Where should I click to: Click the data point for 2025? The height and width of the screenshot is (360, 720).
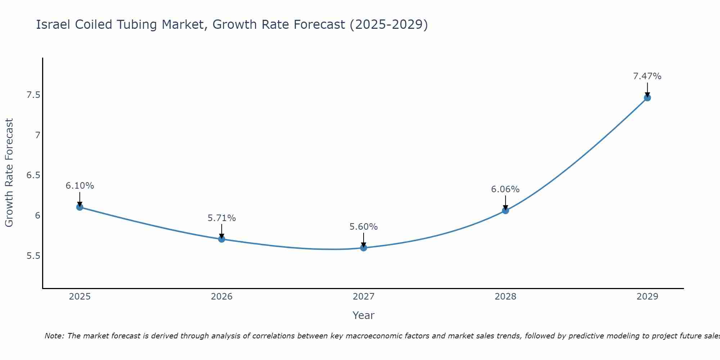click(x=80, y=207)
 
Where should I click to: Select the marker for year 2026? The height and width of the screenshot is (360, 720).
click(x=222, y=239)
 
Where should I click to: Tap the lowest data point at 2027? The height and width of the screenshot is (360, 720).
click(x=364, y=248)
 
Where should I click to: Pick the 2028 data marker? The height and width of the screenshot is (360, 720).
click(x=505, y=211)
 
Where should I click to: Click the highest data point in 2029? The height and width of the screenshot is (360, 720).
click(x=647, y=98)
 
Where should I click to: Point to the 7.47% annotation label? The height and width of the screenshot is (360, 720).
click(x=647, y=76)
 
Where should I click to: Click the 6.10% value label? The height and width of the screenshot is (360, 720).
click(x=80, y=186)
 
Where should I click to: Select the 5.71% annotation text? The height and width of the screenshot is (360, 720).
click(x=222, y=218)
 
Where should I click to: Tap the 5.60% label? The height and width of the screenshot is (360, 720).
click(x=364, y=227)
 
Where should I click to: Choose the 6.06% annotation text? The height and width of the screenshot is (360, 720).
click(x=505, y=189)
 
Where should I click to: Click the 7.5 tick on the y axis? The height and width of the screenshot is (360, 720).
click(x=33, y=95)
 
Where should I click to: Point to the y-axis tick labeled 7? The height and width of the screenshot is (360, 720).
click(x=37, y=135)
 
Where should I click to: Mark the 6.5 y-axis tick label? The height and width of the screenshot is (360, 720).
click(x=33, y=175)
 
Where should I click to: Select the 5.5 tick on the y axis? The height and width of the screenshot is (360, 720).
click(x=33, y=256)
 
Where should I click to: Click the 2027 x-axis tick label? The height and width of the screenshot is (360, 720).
click(x=364, y=297)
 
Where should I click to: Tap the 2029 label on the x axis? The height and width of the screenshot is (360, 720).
click(x=647, y=297)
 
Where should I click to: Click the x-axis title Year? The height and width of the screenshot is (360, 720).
click(x=364, y=315)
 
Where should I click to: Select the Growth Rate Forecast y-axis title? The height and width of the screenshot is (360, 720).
click(x=9, y=173)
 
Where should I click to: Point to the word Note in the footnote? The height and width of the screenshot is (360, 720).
click(x=54, y=336)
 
